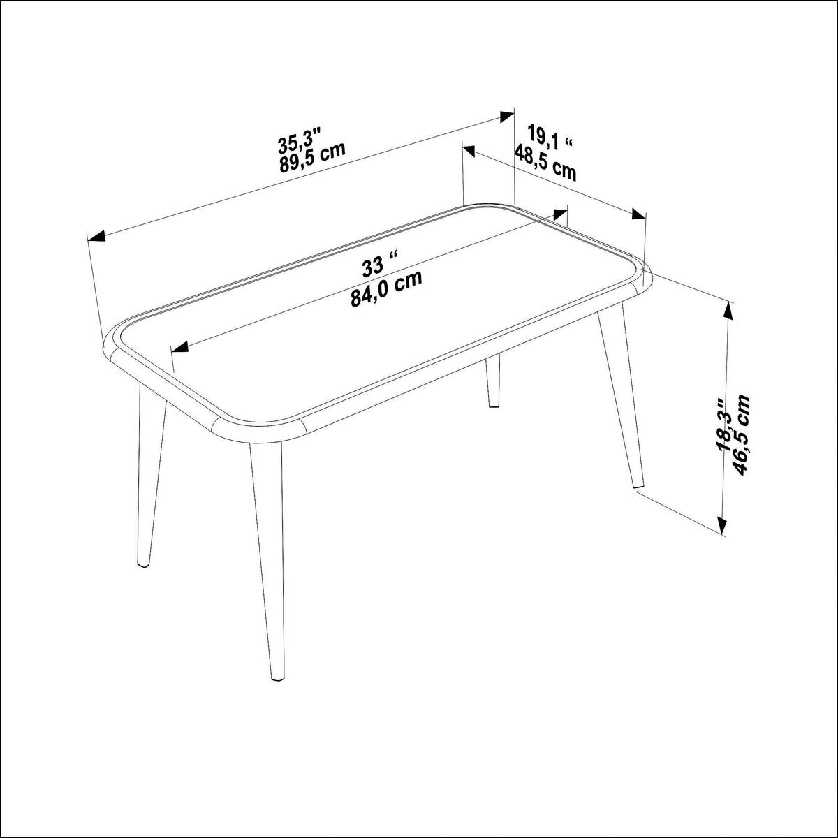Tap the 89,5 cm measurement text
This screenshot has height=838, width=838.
pyautogui.click(x=312, y=156)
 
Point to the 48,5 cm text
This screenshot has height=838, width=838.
pyautogui.click(x=546, y=162)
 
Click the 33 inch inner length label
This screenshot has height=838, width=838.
pyautogui.click(x=380, y=265)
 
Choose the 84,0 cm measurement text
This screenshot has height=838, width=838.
pyautogui.click(x=387, y=288)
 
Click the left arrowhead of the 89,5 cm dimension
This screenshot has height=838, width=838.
pyautogui.click(x=96, y=236)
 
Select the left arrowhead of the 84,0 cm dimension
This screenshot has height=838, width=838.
pyautogui.click(x=180, y=347)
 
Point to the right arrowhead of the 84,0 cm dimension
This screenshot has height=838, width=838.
pyautogui.click(x=560, y=214)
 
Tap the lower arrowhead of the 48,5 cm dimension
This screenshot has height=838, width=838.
pyautogui.click(x=638, y=215)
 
